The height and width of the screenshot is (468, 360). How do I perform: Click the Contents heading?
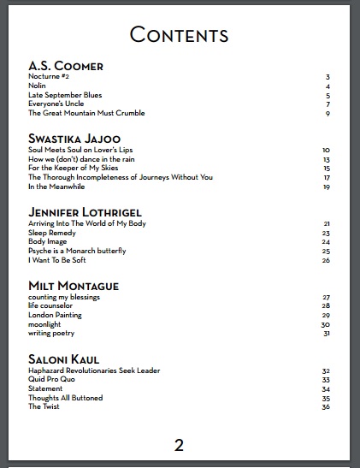click(x=179, y=35)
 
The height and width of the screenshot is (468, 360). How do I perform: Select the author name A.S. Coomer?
click(x=66, y=65)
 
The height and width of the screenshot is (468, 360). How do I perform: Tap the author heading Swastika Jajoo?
click(x=74, y=138)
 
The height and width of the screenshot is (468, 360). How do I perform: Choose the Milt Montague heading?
click(x=74, y=285)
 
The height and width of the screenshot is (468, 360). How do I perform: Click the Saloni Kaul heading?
click(x=68, y=358)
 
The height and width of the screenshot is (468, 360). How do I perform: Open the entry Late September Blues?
click(x=65, y=95)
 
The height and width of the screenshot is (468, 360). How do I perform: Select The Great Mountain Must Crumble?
click(x=86, y=113)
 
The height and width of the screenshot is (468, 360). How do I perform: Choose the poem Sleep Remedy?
click(x=52, y=233)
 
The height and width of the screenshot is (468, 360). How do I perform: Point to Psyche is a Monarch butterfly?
click(x=77, y=251)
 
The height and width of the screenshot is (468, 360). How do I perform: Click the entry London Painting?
click(x=55, y=315)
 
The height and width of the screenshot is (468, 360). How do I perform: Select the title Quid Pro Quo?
click(x=53, y=380)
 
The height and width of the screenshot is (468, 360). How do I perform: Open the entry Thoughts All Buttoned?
click(x=65, y=398)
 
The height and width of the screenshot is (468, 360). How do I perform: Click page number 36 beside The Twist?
click(x=326, y=407)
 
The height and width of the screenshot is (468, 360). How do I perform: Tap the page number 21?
click(x=327, y=224)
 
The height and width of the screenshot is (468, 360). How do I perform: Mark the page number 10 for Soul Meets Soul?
click(x=327, y=151)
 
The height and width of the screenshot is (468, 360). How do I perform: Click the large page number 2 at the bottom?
click(x=179, y=444)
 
